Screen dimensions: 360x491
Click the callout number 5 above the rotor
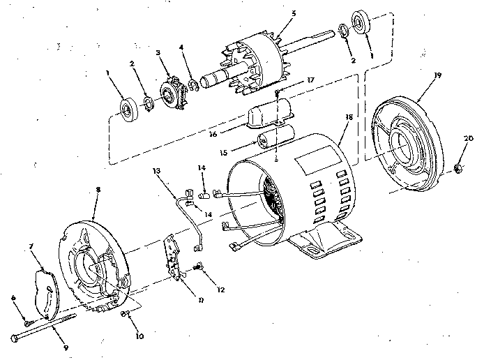coord(275,13)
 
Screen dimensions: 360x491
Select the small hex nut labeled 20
coord(459,167)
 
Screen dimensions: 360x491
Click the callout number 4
coord(181,48)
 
